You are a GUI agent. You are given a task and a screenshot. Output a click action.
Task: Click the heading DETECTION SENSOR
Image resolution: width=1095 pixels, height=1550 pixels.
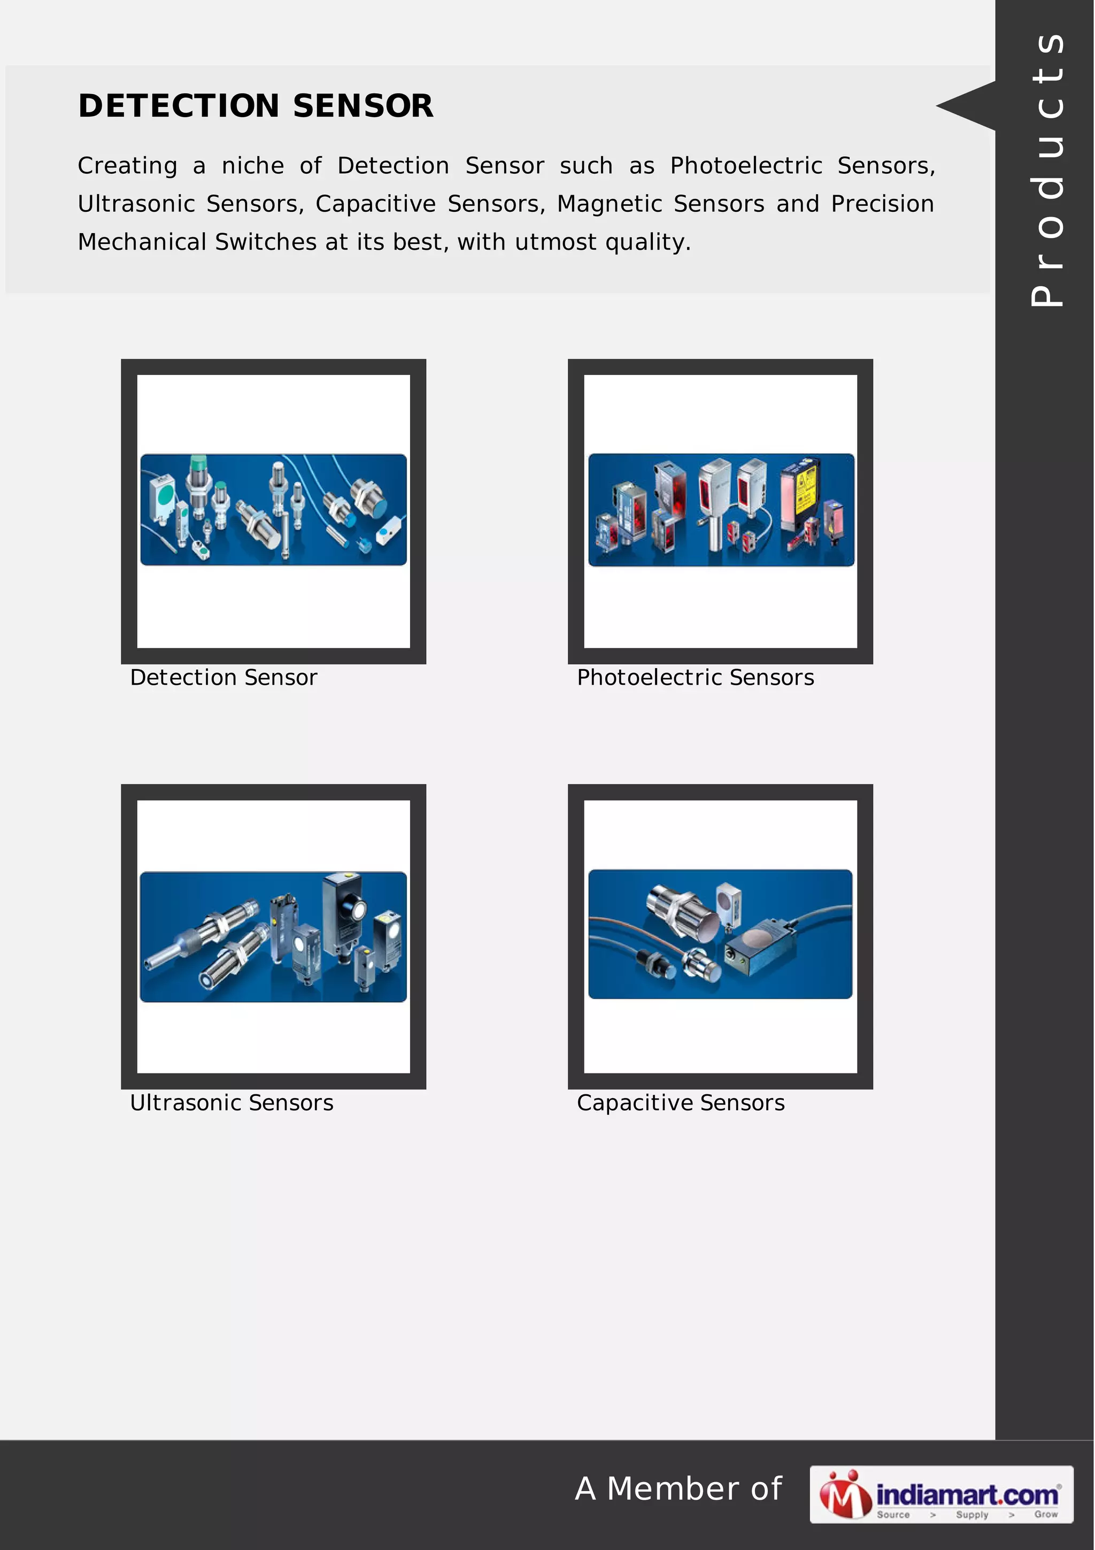coord(256,106)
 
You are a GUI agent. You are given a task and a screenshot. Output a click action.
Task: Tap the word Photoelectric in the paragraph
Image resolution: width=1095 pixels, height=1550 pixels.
coord(746,165)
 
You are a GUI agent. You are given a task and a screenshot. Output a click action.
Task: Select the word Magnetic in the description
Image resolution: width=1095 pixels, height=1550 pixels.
coord(609,204)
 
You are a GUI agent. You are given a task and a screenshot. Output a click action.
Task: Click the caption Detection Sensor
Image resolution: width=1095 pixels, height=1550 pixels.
coord(223,677)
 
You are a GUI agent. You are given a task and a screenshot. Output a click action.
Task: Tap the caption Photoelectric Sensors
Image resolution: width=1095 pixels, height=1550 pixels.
coord(696,677)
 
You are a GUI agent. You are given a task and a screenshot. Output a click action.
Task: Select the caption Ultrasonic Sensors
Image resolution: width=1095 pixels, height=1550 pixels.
coord(232,1102)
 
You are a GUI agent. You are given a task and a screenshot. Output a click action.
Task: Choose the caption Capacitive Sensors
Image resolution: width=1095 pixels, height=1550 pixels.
coord(681,1103)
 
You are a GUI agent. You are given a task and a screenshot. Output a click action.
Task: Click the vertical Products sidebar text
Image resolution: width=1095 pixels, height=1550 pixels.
coord(1046,170)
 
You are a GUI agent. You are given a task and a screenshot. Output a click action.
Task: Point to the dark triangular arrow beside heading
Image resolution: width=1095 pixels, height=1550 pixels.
coord(966,105)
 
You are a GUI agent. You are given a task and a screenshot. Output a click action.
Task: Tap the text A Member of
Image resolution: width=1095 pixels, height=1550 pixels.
coord(678,1488)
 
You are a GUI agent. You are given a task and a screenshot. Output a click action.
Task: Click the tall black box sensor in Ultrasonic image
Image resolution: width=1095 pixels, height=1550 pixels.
coord(345,911)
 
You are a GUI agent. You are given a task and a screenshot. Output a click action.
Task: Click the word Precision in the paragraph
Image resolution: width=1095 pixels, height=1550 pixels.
coord(883,204)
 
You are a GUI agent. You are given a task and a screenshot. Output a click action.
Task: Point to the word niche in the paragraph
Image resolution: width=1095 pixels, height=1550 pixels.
coord(253,165)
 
